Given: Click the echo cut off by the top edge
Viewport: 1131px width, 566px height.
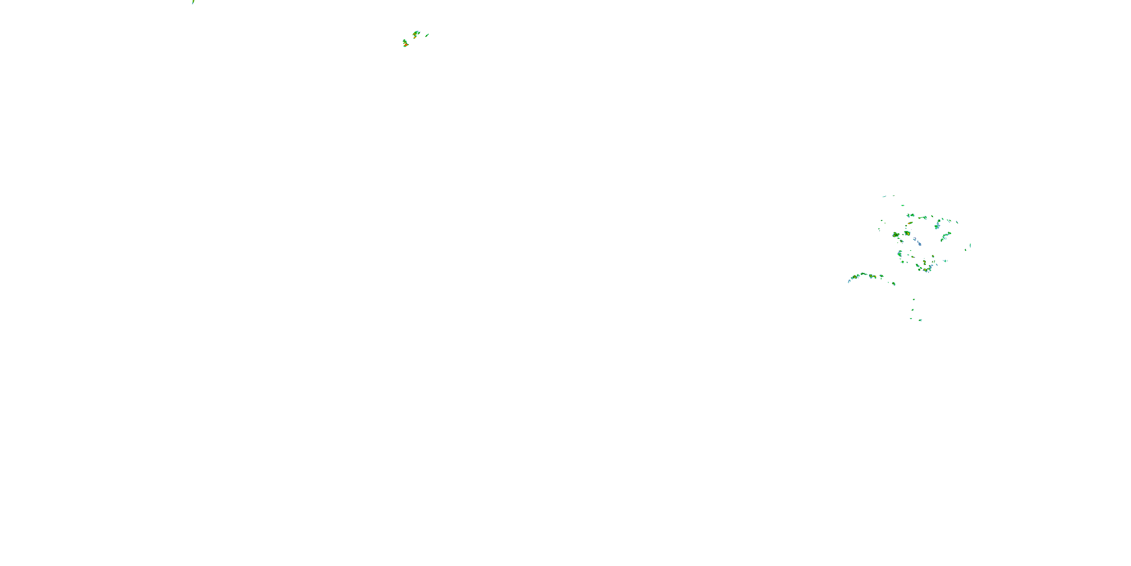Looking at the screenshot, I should (193, 2).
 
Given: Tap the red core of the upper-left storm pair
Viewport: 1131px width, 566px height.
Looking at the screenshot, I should (406, 45).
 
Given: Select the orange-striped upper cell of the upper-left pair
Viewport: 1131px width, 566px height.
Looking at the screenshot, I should (415, 34).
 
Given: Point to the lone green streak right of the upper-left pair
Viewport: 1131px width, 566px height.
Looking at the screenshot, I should (427, 35).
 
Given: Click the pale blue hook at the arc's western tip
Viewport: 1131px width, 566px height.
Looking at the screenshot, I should (849, 281).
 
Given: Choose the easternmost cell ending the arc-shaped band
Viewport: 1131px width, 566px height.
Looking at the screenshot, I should (893, 283).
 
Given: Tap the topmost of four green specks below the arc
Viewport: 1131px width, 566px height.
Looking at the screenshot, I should (914, 300).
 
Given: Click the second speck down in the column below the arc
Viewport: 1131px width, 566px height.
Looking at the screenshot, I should (913, 309).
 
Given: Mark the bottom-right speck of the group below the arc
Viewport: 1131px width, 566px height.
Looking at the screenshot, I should (920, 320).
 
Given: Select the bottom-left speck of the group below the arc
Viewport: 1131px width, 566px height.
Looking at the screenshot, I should (911, 318).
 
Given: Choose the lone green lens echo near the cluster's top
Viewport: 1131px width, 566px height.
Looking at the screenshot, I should (903, 205).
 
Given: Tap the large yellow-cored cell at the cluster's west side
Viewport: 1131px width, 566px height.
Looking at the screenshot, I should (896, 235).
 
